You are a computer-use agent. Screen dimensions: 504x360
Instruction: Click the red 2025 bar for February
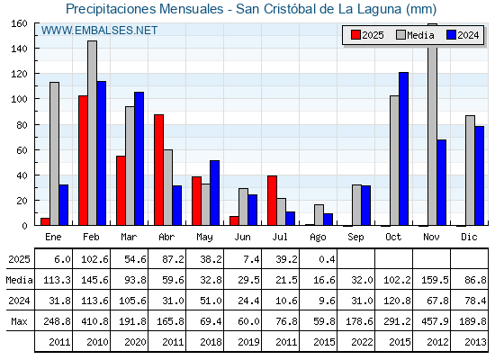[83, 160]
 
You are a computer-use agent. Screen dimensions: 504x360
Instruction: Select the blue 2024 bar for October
[403, 148]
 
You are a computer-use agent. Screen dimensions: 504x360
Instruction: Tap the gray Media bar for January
[54, 154]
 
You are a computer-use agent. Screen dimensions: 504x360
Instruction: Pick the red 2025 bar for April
[158, 170]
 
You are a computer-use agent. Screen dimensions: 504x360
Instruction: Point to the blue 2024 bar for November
[441, 183]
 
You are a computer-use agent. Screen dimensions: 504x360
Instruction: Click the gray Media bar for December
[470, 170]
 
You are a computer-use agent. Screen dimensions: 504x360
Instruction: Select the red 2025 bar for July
[272, 201]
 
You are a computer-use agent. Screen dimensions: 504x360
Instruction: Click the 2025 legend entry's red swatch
[355, 35]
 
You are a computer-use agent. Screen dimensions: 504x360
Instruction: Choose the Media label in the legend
[420, 35]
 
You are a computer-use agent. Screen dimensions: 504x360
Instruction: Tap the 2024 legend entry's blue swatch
[451, 35]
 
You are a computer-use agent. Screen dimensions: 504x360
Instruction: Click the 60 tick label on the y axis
[22, 150]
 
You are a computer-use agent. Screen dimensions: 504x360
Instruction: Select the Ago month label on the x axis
[318, 238]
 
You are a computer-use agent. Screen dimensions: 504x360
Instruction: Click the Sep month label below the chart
[355, 237]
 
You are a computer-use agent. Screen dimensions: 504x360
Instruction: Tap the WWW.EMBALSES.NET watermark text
[99, 31]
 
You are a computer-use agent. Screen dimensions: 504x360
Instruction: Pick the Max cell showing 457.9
[435, 321]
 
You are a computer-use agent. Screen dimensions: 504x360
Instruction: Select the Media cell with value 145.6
[94, 280]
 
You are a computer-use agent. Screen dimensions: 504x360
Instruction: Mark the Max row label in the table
[19, 321]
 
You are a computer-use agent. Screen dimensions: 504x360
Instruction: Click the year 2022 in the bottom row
[362, 342]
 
